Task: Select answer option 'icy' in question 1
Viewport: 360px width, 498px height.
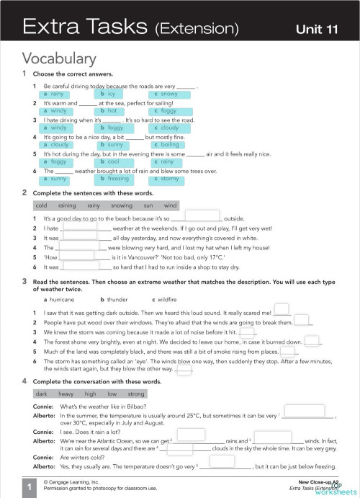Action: pyautogui.click(x=112, y=94)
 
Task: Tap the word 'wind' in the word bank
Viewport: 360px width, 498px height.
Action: pyautogui.click(x=171, y=205)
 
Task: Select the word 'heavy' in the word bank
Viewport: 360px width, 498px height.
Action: pyautogui.click(x=67, y=394)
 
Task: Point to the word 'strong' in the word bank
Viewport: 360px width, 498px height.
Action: pyautogui.click(x=136, y=394)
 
